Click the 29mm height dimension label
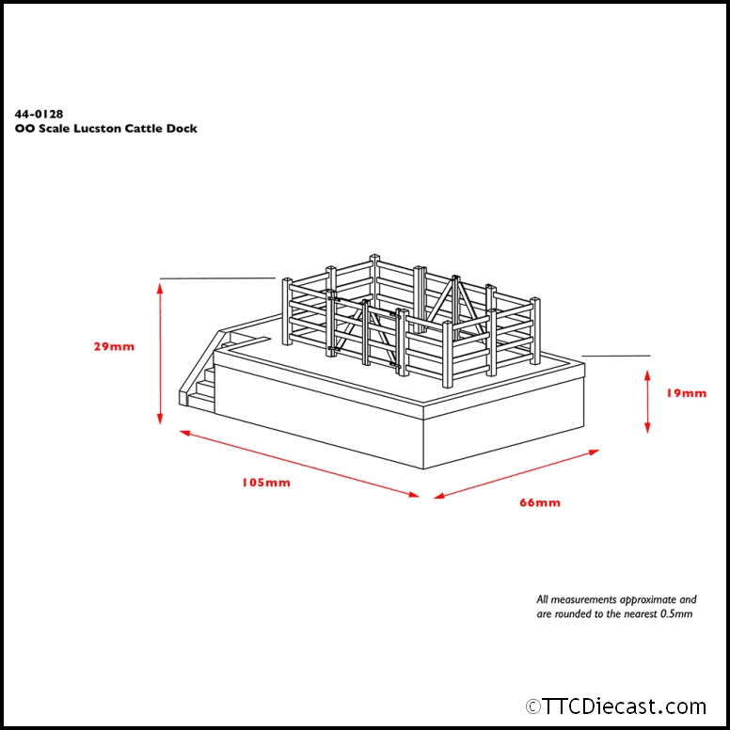(114, 346)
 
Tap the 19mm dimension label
(686, 393)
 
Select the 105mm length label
(266, 483)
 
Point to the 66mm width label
(540, 502)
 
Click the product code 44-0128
(39, 114)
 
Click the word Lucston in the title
(97, 129)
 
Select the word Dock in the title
(182, 129)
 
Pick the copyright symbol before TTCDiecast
(533, 706)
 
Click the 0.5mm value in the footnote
(676, 614)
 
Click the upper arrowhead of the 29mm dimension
(160, 288)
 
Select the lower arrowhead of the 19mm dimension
(647, 427)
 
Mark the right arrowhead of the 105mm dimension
(414, 495)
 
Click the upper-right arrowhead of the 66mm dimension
(594, 452)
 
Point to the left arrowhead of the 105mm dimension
(184, 433)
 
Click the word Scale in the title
(54, 129)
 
